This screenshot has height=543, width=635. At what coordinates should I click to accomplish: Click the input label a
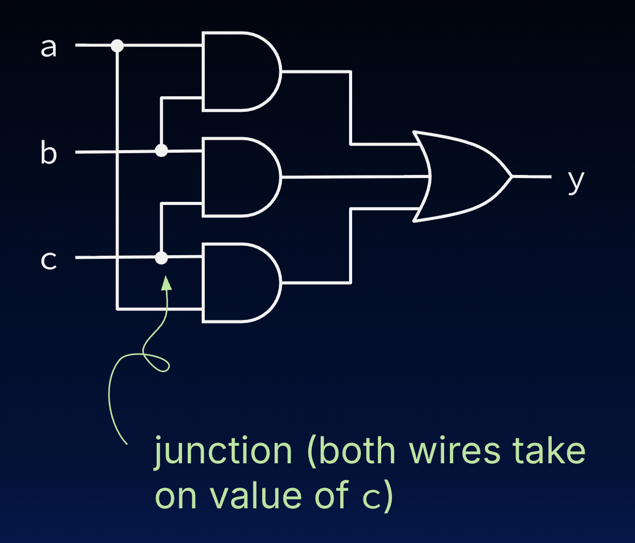[x=48, y=47]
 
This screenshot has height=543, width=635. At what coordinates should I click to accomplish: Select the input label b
[x=48, y=153]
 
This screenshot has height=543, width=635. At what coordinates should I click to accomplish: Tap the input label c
[x=48, y=259]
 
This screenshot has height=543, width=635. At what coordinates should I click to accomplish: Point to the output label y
[x=576, y=181]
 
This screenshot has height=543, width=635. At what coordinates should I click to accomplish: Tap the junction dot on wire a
[x=117, y=46]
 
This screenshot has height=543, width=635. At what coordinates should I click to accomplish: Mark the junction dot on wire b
[x=162, y=151]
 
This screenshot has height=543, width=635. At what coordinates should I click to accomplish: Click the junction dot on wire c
[x=162, y=257]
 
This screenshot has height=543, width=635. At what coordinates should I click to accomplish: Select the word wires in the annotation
[x=455, y=451]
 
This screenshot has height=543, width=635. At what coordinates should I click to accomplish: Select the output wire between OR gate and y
[x=532, y=177]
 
